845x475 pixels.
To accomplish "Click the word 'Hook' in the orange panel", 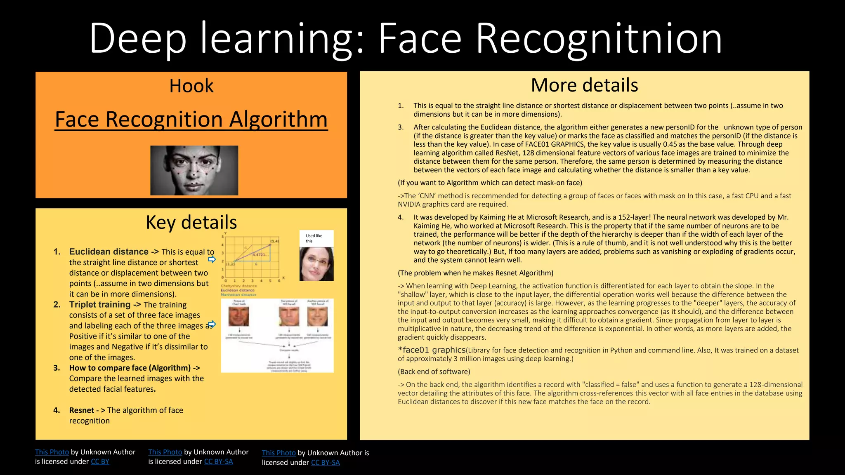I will (191, 86).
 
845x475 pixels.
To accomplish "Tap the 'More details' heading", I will (584, 85).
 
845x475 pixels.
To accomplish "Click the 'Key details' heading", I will (191, 223).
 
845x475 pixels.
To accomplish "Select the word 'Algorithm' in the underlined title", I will (278, 120).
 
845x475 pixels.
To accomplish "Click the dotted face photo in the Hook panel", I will (194, 170).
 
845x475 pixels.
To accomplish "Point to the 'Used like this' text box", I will (316, 238).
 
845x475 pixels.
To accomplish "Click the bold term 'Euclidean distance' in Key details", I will (109, 252).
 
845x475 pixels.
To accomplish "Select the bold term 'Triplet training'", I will (100, 305).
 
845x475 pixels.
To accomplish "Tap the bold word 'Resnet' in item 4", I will (82, 410).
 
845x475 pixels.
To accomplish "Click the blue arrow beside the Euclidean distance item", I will (212, 259).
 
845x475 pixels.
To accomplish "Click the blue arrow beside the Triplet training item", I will (212, 324).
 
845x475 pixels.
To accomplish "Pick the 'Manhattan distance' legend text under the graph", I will (238, 295).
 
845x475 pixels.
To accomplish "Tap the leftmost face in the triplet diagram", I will (238, 317).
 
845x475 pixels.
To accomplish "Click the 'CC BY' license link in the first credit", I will (100, 462).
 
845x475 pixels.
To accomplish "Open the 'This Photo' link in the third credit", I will (279, 453).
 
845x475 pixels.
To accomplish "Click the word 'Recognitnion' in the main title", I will (599, 38).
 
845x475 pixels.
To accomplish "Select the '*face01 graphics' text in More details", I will (432, 350).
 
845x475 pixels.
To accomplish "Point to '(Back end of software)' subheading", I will (434, 372).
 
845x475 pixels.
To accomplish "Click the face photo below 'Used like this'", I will (316, 264).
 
